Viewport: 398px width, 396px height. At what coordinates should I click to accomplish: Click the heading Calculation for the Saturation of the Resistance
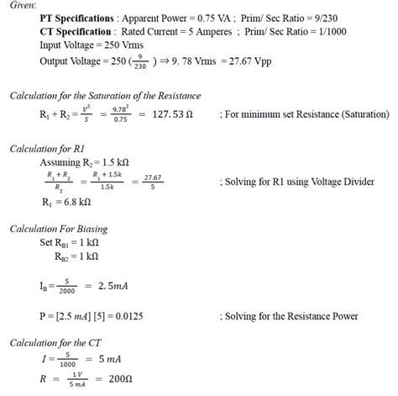click(105, 96)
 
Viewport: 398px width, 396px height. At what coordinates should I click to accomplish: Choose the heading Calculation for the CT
click(55, 342)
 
